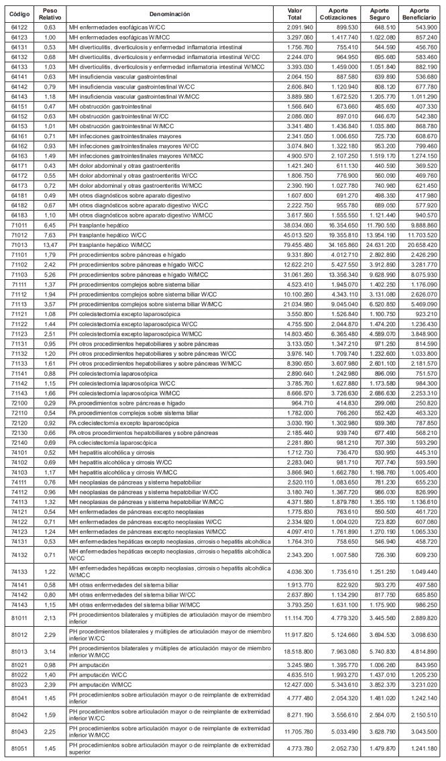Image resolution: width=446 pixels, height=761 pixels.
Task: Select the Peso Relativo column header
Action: [50, 13]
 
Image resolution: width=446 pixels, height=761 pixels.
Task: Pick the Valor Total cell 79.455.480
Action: [295, 246]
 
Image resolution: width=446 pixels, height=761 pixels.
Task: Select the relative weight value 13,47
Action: [50, 246]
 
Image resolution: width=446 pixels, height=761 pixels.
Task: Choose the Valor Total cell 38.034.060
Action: [295, 226]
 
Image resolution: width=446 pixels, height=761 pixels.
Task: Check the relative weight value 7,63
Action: [50, 236]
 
